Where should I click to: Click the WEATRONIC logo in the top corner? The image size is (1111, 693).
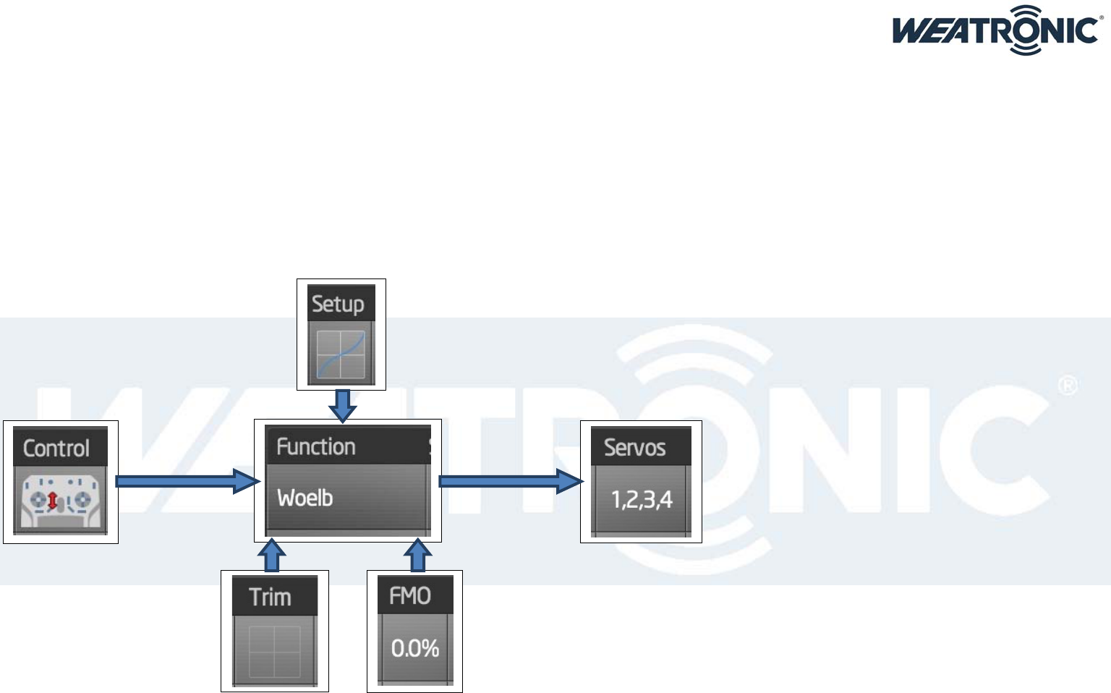[x=997, y=30]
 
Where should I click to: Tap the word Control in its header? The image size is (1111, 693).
[x=56, y=448]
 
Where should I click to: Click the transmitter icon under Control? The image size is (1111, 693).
[x=60, y=500]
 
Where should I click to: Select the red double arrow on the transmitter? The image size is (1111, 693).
[x=53, y=500]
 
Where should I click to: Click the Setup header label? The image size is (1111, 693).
[x=338, y=304]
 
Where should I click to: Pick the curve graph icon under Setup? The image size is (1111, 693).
[x=341, y=354]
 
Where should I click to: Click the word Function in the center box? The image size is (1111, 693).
[x=316, y=447]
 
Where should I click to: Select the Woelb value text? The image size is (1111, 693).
[x=305, y=498]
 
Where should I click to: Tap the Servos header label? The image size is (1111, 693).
[x=635, y=448]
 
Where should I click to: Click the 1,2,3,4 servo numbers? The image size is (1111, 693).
[x=642, y=499]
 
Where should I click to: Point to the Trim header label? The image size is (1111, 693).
[x=271, y=598]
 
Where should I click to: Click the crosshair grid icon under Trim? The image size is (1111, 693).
[x=275, y=651]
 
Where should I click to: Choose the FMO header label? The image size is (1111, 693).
[x=410, y=596]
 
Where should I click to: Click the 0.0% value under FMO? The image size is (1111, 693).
[x=415, y=648]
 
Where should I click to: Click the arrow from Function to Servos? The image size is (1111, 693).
[x=510, y=481]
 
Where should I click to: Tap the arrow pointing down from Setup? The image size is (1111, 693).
[x=343, y=405]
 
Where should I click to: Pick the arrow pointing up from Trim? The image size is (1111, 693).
[x=272, y=556]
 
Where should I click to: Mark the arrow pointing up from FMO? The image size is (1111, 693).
[x=417, y=556]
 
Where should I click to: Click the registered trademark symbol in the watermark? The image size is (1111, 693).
[x=1068, y=385]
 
